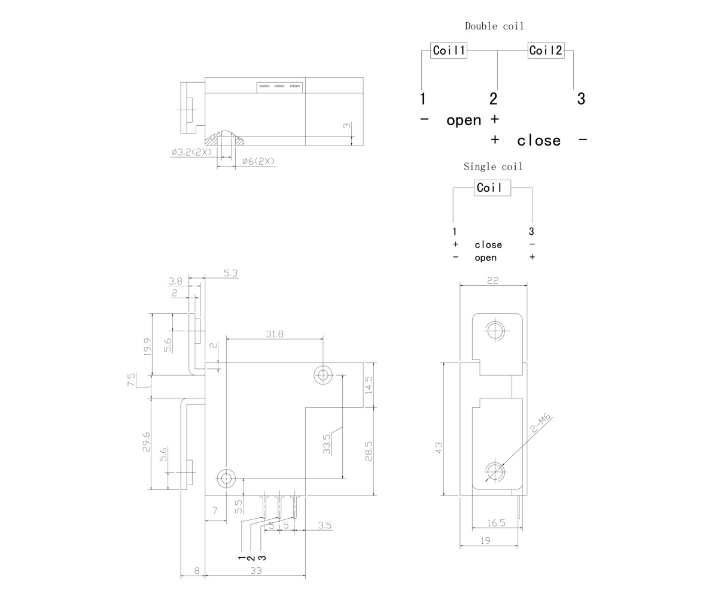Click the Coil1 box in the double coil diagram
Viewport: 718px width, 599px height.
(448, 50)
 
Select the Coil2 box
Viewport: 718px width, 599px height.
(546, 50)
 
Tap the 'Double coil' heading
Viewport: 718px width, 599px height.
(494, 26)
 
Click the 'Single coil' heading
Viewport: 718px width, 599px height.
(493, 167)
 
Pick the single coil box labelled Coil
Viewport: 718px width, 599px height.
(492, 188)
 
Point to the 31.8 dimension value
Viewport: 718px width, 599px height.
(275, 334)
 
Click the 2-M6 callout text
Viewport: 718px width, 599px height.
(540, 423)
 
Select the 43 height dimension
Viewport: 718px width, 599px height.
(439, 447)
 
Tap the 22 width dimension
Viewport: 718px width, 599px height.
(492, 280)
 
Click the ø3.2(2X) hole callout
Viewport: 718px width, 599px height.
(191, 152)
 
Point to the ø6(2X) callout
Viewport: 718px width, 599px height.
(258, 161)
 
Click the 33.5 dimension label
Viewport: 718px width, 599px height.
(327, 444)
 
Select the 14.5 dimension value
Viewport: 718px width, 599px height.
(369, 385)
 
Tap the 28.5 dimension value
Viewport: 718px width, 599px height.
(369, 451)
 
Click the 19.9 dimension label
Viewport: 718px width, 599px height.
(147, 347)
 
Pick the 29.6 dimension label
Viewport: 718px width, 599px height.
(146, 442)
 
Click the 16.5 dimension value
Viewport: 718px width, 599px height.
(496, 523)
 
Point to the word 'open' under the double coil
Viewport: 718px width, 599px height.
(464, 120)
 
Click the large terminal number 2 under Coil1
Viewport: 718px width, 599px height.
(494, 99)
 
